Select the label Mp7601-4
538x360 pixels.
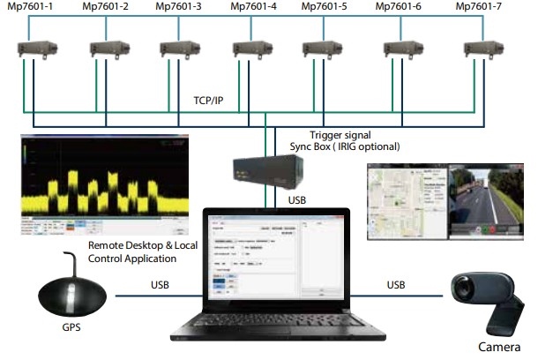click(x=254, y=7)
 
